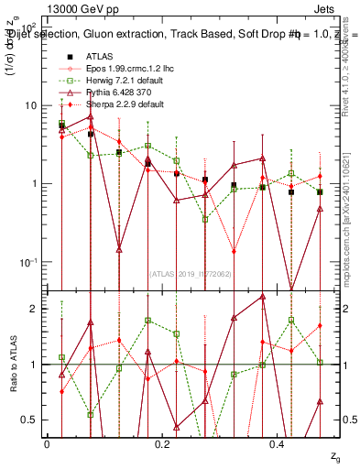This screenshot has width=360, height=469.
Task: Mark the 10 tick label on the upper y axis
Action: point(31,105)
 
